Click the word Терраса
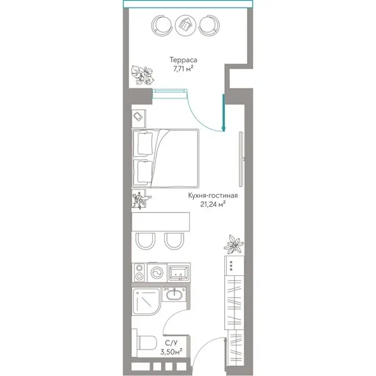pos(183,60)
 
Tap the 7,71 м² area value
pos(183,69)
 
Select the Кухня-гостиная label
pos(212,196)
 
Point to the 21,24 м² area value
pos(212,204)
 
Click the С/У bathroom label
pos(172,343)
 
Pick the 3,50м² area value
pos(172,352)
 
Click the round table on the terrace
pos(185,24)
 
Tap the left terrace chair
pos(162,25)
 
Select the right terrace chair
pos(209,25)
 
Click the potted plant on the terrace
pos(142,75)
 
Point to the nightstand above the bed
pos(138,118)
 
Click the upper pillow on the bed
pos(145,144)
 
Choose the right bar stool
pos(174,241)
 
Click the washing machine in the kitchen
pos(157,273)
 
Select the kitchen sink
pos(179,273)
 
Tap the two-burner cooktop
pos(139,272)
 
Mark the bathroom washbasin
pos(174,295)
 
